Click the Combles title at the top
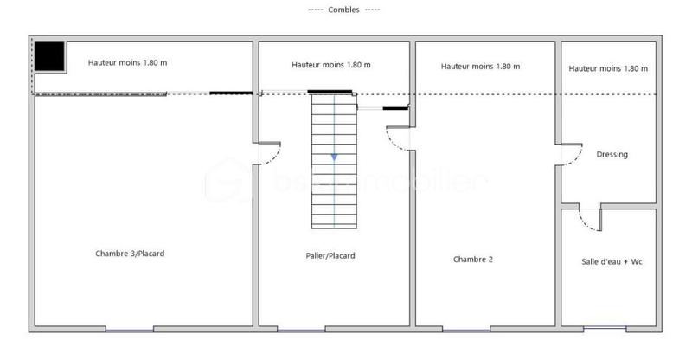tap(344, 10)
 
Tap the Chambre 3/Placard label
tap(130, 254)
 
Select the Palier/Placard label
tap(330, 255)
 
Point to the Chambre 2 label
tap(473, 259)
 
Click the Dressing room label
tap(612, 155)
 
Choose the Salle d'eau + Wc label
tap(612, 260)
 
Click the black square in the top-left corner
tap(49, 56)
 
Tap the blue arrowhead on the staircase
tap(334, 157)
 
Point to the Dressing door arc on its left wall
tap(570, 154)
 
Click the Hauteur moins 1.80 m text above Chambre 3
tap(128, 62)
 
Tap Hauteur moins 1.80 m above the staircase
tap(331, 65)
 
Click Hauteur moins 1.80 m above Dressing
tap(609, 68)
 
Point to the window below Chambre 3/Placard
tap(130, 329)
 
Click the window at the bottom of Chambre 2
tap(466, 329)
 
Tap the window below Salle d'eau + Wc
tap(605, 329)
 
